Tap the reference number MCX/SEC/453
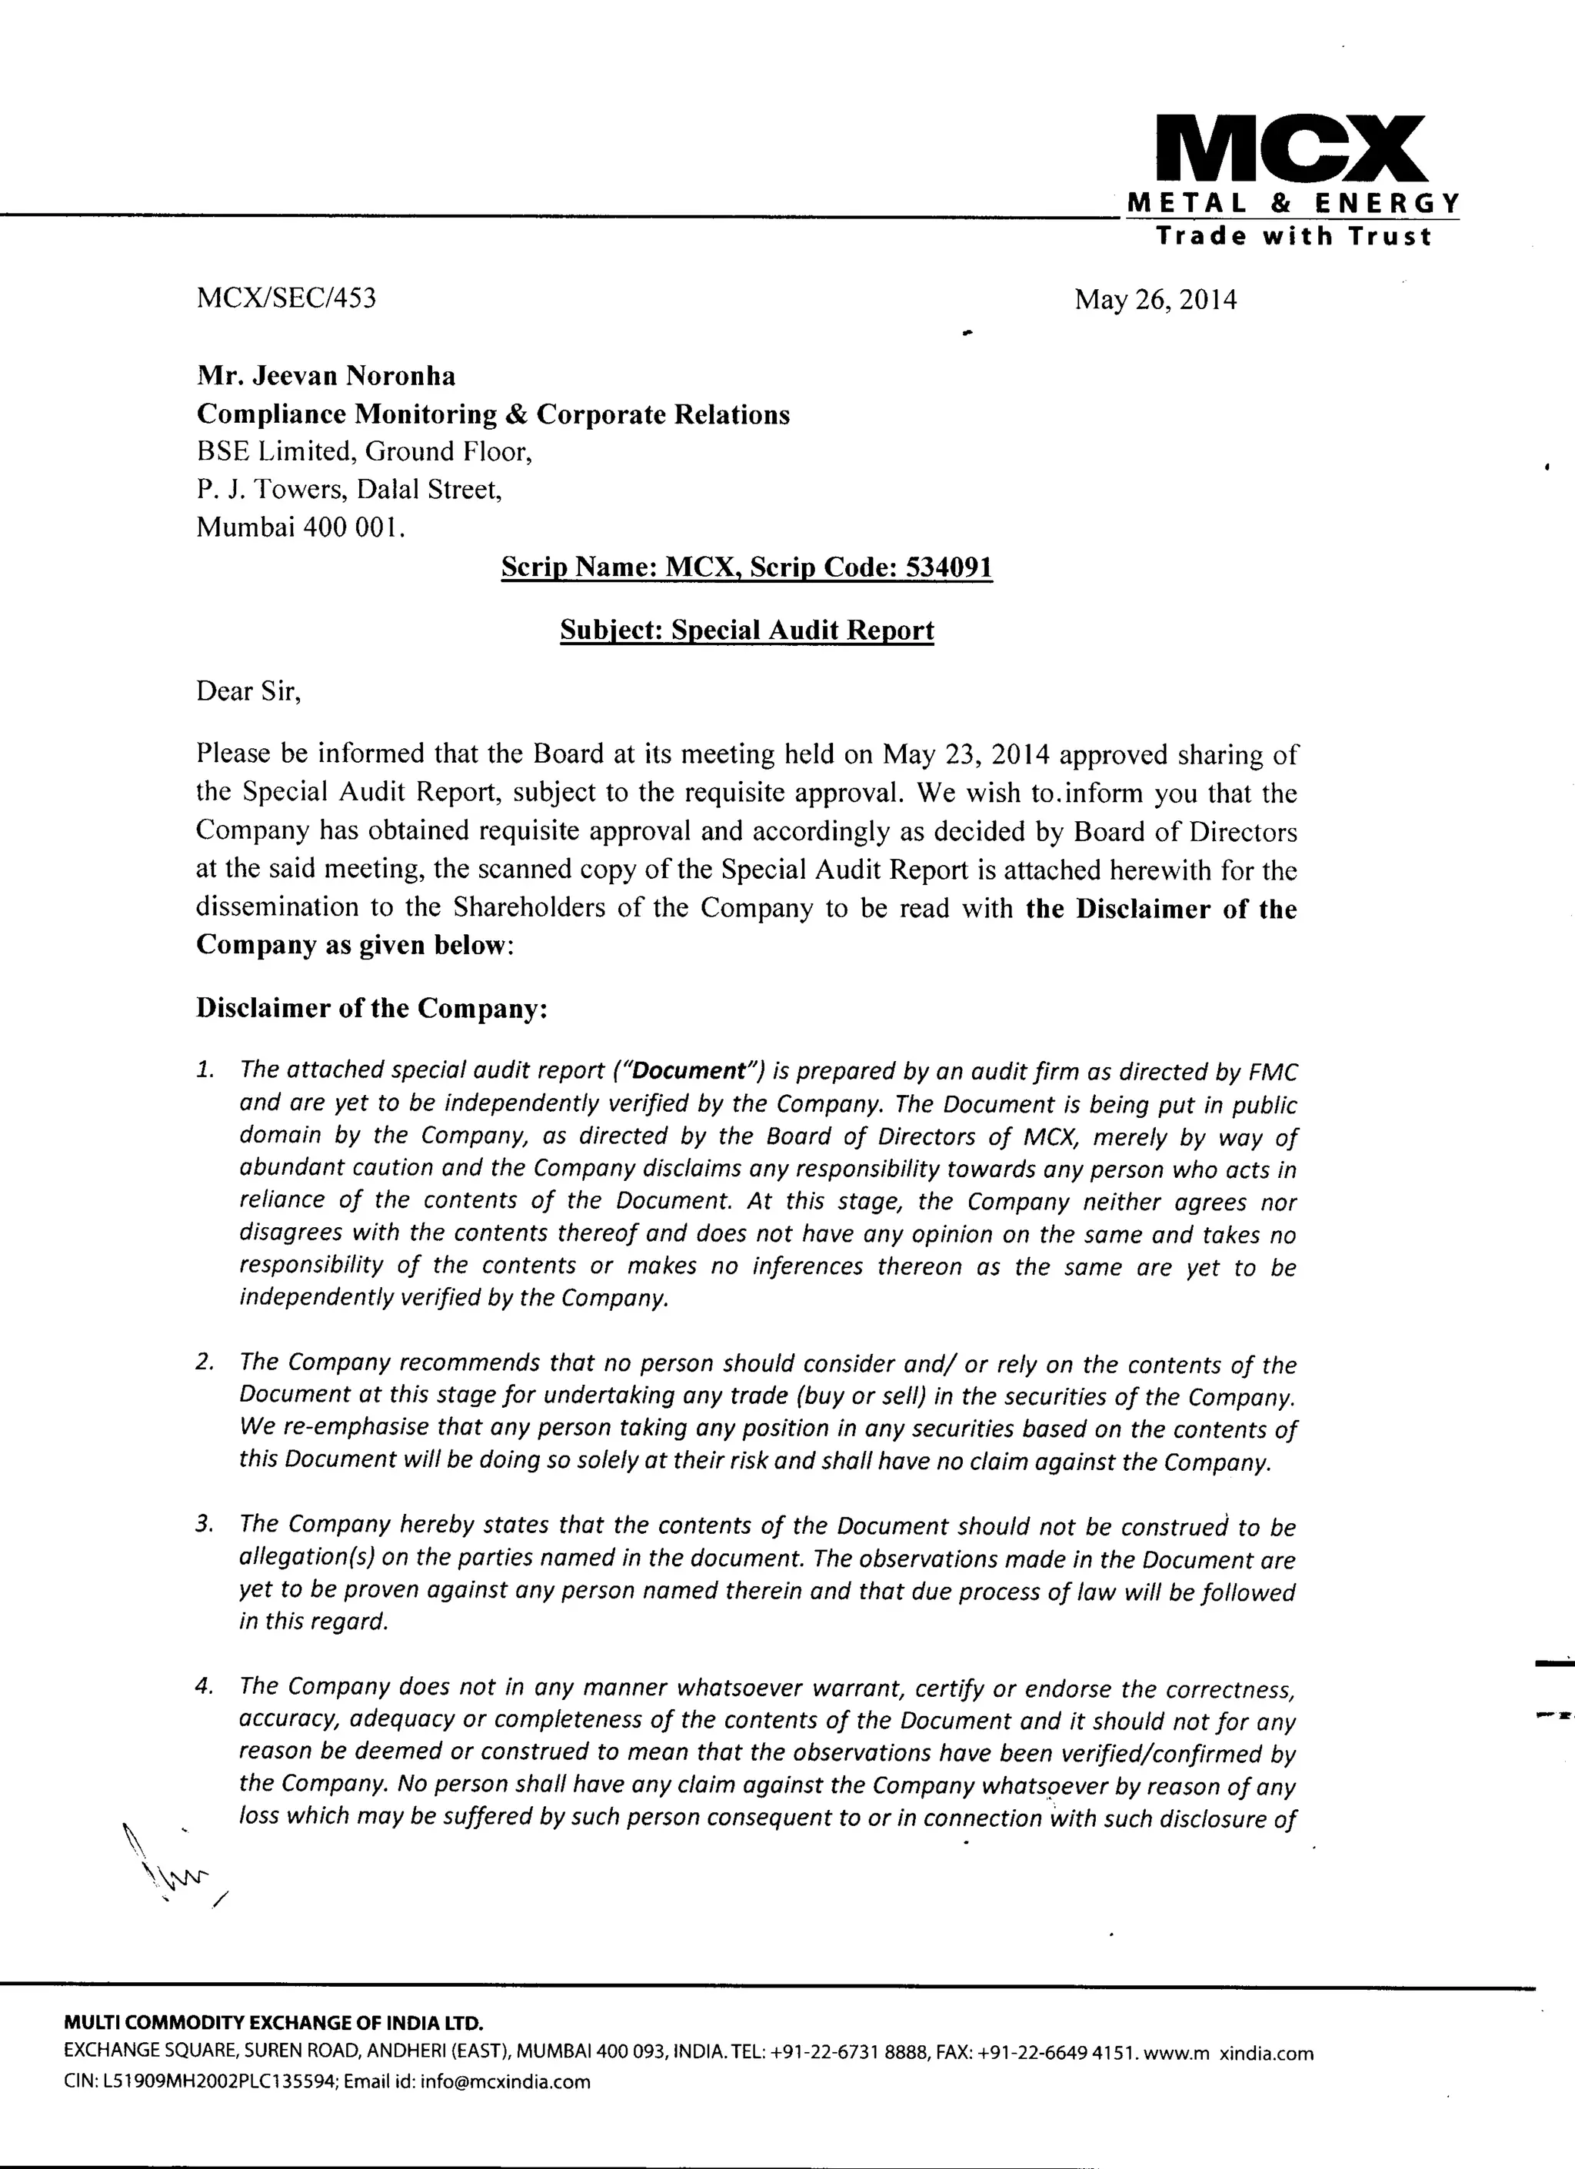[286, 298]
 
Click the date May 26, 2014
[1155, 301]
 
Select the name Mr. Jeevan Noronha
[326, 376]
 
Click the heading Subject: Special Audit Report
[746, 630]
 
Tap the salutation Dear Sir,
[248, 691]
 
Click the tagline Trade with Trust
[1293, 236]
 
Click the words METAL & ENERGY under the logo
[1293, 203]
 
